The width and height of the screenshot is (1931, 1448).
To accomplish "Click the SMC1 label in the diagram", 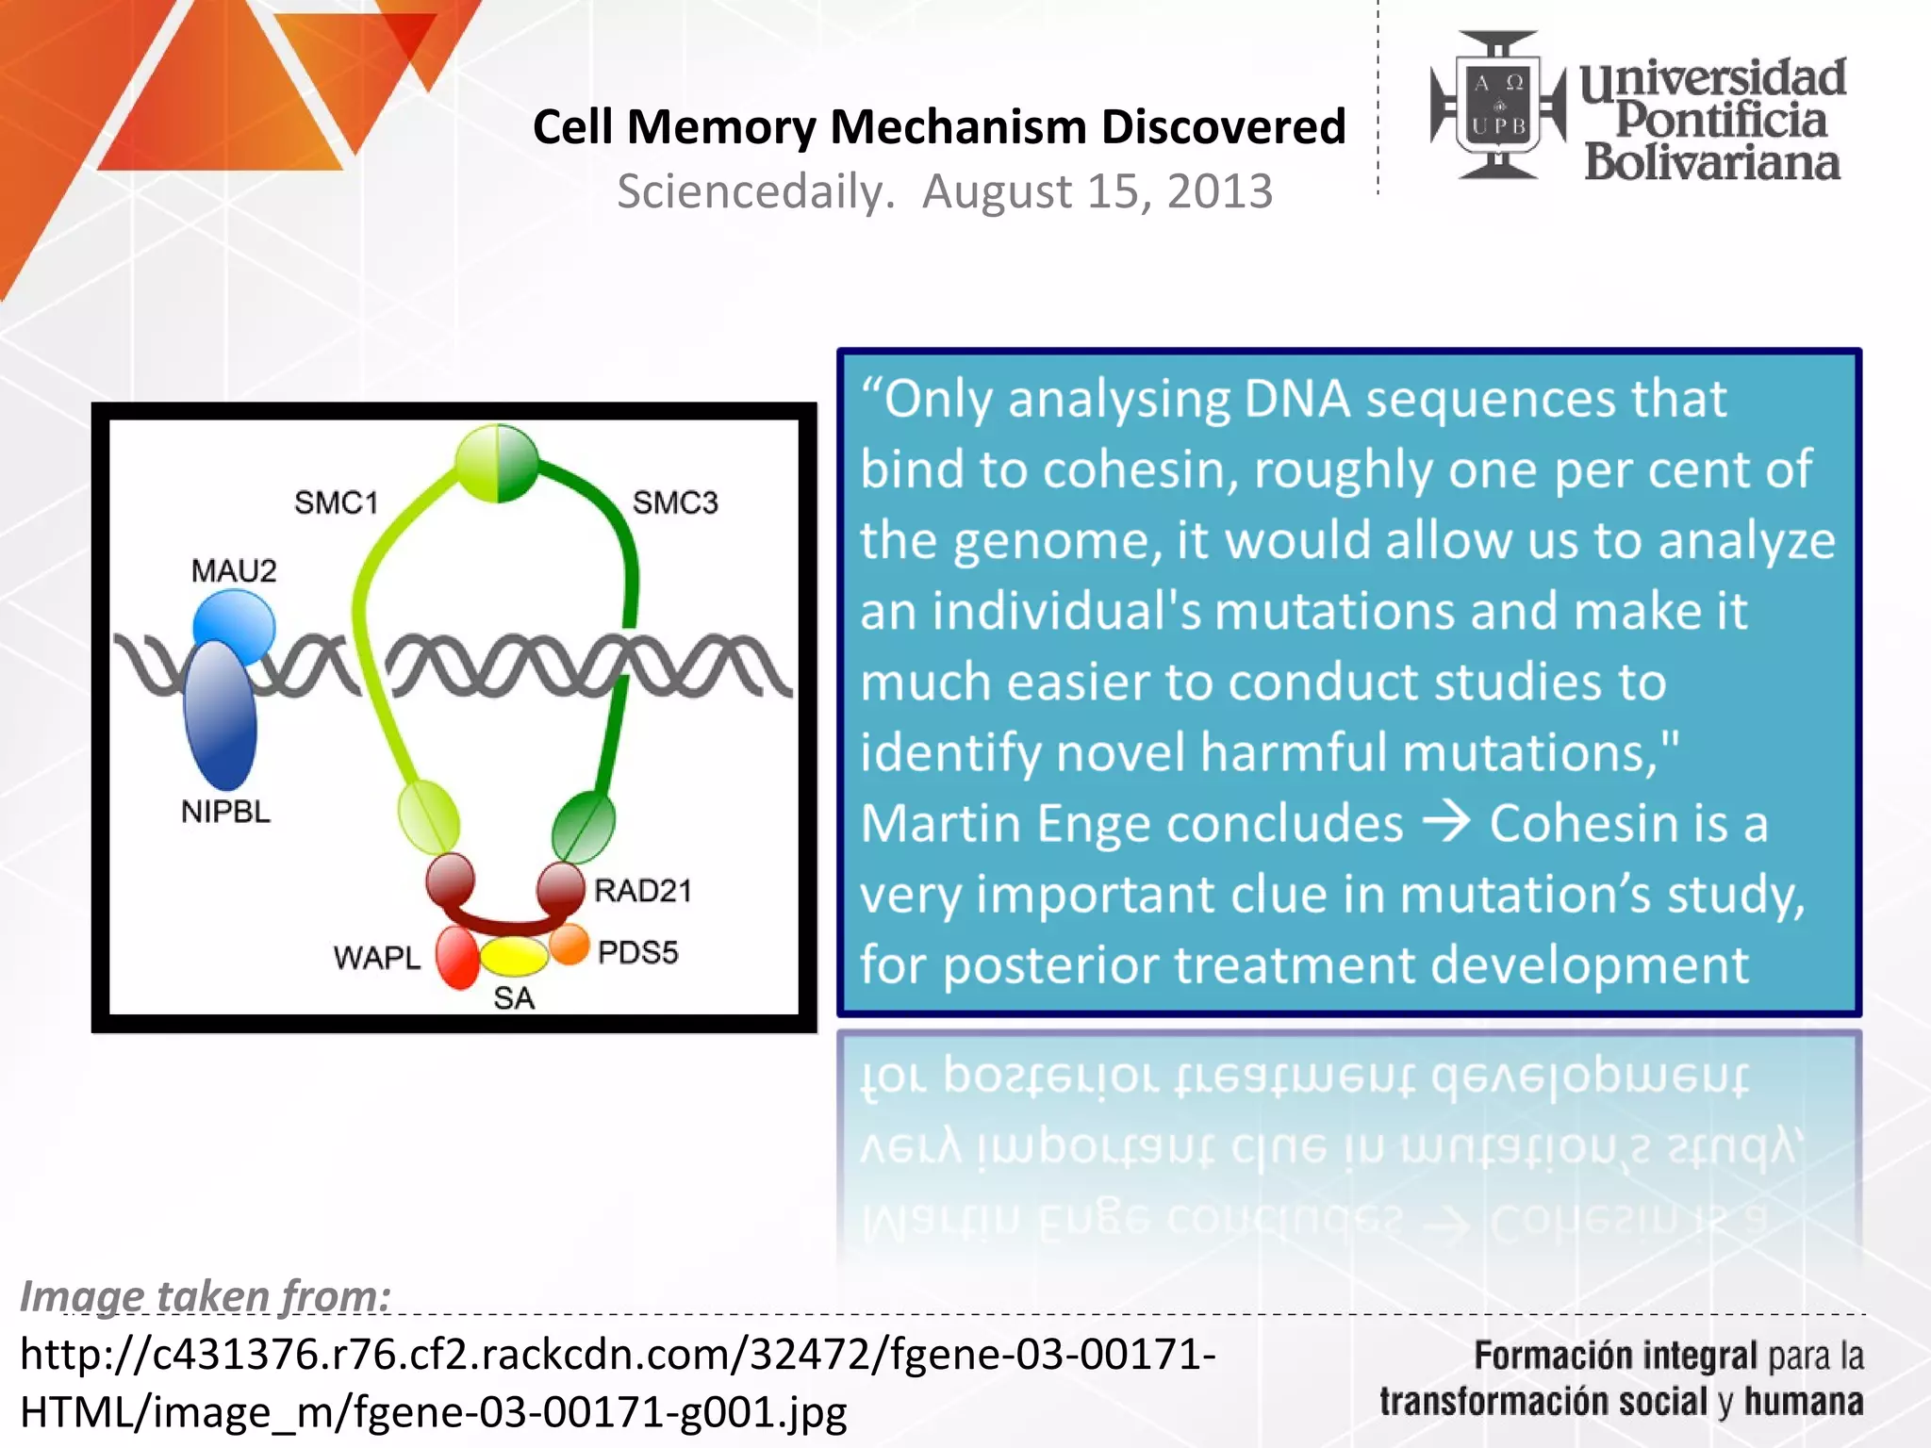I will (336, 502).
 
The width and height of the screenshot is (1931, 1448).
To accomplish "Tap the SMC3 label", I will (675, 502).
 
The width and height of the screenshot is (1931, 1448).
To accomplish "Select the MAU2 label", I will (234, 570).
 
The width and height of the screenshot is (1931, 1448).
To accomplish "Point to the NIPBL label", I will (225, 811).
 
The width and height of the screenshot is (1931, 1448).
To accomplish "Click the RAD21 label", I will (643, 890).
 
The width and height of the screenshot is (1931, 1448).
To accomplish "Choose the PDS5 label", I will (637, 952).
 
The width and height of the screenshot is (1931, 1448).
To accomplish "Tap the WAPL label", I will (376, 958).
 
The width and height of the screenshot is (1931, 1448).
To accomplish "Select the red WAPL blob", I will (457, 958).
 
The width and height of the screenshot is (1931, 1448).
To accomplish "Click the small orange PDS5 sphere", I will (569, 944).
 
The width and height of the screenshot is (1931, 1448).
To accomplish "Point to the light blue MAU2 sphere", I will (236, 624).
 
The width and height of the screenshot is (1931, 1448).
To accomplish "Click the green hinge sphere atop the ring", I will (497, 463).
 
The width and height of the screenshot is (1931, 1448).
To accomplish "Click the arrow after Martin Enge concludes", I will (1446, 822).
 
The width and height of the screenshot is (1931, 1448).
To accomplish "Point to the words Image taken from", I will (206, 1295).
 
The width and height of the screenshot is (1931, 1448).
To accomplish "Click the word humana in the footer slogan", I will (1803, 1402).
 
